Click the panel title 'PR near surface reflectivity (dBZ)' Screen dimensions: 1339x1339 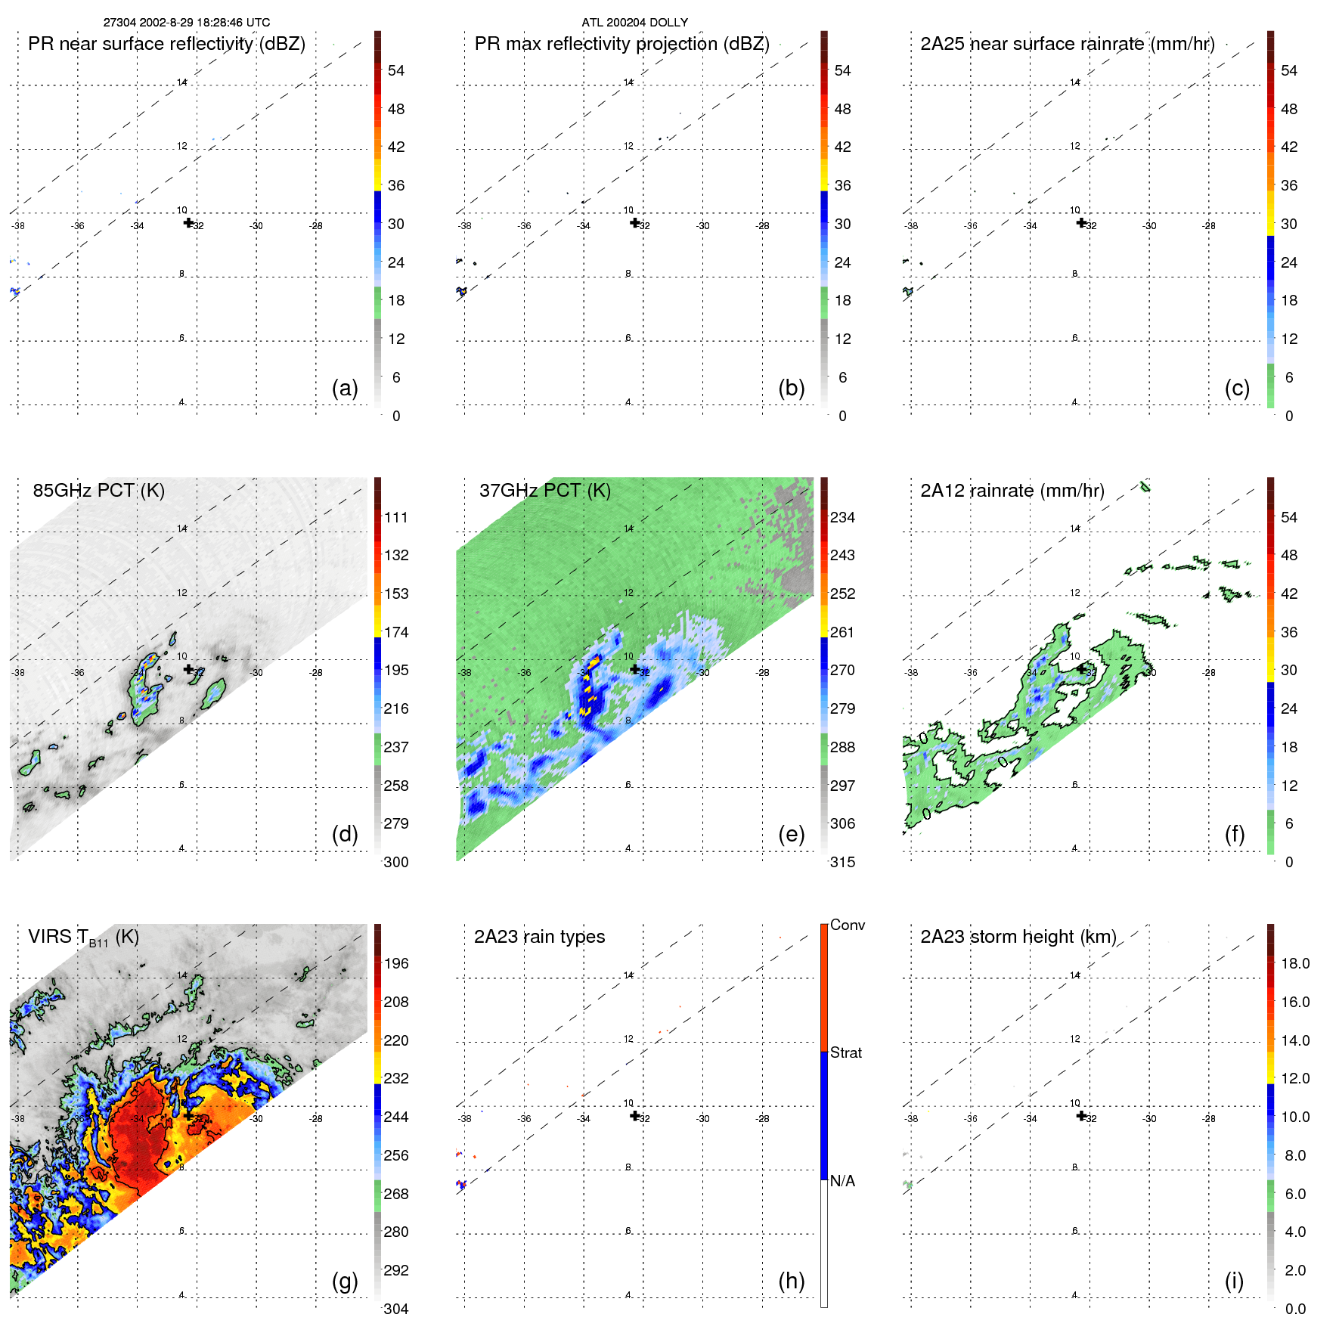tap(166, 44)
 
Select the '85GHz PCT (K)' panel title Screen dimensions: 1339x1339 tap(98, 490)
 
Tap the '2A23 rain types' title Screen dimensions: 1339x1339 tap(539, 937)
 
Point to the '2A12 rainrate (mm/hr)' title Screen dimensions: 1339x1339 tap(1012, 490)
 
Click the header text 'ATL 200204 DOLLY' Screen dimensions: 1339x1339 tap(634, 23)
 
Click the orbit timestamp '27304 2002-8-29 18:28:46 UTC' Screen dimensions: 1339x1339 tap(187, 23)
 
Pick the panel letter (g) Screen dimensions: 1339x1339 tap(344, 1281)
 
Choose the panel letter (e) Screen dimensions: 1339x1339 tap(791, 834)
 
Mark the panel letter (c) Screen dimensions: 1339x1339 tap(1237, 388)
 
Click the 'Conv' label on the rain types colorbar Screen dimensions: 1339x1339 tap(847, 925)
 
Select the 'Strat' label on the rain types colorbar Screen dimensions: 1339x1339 tap(845, 1052)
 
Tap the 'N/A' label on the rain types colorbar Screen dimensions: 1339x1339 tap(842, 1181)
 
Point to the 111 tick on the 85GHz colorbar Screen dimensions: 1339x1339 tap(396, 517)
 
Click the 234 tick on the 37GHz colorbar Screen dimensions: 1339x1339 tap(842, 517)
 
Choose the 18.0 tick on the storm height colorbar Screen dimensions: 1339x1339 tap(1294, 963)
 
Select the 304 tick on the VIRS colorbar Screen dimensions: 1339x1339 tap(396, 1309)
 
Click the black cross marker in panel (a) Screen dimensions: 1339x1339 tap(188, 222)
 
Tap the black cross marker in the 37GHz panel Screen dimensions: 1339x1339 tap(634, 668)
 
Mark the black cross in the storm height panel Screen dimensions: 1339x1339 tap(1081, 1115)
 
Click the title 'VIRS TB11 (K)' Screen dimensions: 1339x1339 tap(83, 938)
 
